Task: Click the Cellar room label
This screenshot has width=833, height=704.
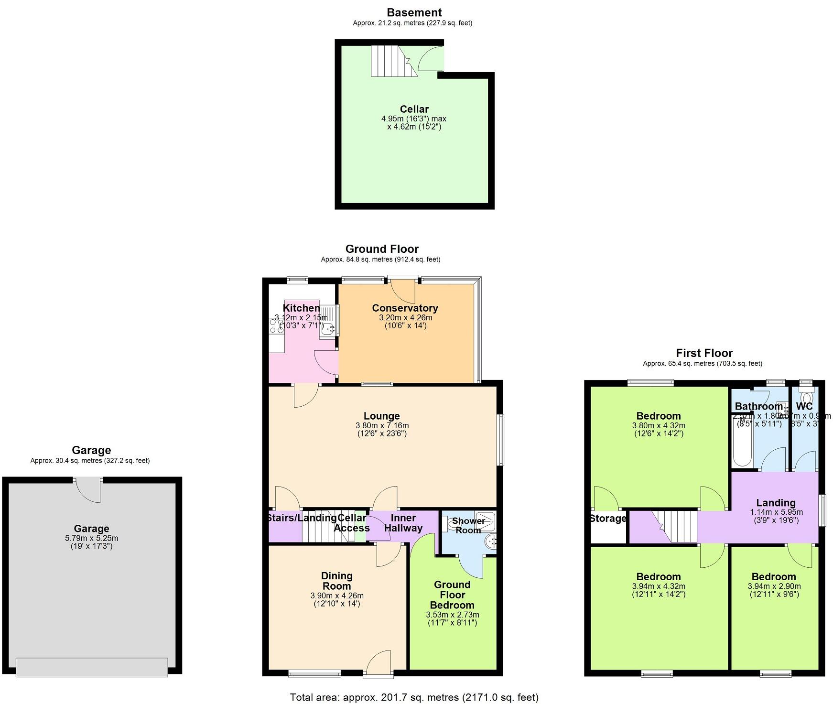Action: coord(414,109)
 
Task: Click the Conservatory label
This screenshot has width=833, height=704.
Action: coord(405,308)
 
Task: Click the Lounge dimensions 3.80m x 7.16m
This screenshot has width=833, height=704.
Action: coord(382,425)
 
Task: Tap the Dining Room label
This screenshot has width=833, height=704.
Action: coord(336,581)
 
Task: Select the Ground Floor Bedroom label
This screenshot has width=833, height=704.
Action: coord(452,595)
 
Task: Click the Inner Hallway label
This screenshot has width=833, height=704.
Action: coord(403,523)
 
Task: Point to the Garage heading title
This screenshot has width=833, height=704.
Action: coord(91,450)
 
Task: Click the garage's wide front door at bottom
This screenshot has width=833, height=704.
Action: coord(92,667)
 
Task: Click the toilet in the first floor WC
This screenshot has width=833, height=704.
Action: coord(807,398)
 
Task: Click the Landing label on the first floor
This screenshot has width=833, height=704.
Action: coord(776,503)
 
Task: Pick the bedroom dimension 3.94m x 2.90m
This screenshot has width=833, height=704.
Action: coord(774,586)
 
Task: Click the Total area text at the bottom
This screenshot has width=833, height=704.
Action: coord(414,697)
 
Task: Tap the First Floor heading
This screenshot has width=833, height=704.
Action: coord(704,353)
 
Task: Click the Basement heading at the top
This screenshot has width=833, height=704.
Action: coord(414,12)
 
